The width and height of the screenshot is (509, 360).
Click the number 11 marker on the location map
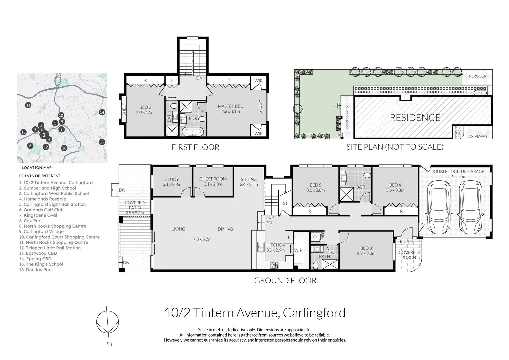(28, 105)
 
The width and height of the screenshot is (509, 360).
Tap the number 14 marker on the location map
(102, 112)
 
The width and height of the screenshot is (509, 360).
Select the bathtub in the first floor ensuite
(193, 132)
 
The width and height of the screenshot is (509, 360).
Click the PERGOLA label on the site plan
(477, 76)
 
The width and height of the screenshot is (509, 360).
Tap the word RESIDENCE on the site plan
(415, 118)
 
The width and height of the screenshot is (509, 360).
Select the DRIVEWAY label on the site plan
(478, 136)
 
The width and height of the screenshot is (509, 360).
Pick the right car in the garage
(470, 207)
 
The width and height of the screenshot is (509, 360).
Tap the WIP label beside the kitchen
(298, 250)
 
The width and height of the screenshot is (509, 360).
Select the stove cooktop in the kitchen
(275, 265)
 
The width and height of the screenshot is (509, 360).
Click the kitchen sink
(260, 247)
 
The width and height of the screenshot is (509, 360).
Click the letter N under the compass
(109, 344)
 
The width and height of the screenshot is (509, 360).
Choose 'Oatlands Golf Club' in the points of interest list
(41, 210)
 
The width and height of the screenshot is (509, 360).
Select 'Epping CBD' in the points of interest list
(35, 259)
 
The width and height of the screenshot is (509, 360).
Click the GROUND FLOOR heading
(285, 280)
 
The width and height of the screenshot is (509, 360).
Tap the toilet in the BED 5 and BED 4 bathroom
(367, 175)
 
